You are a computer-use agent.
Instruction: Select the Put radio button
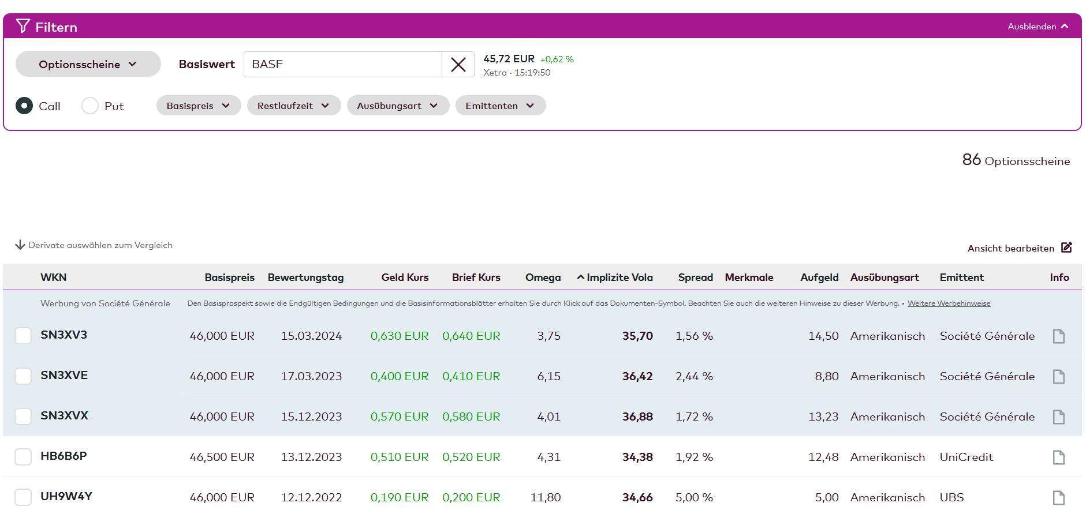pos(90,106)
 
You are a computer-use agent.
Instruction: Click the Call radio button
pos(24,106)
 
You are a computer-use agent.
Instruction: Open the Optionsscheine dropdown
pos(88,64)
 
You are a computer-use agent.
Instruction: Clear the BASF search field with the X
pos(458,65)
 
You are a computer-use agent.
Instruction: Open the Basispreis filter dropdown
pos(198,106)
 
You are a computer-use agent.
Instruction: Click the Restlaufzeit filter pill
pos(293,106)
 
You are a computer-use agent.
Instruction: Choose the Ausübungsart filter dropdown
pos(397,106)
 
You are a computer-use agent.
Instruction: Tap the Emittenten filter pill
pos(500,106)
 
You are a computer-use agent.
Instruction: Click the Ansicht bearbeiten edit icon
pos(1066,247)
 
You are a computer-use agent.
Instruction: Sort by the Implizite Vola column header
pos(619,277)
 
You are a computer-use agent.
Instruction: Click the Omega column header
pos(543,277)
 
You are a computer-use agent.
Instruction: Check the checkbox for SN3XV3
pos(23,336)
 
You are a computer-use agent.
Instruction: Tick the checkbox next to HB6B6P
pos(23,457)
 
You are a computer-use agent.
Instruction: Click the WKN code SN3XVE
pos(64,376)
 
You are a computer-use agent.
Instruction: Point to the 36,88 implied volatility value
pos(637,417)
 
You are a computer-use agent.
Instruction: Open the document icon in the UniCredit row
pos(1058,457)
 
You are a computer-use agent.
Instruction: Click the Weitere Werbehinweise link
pos(949,303)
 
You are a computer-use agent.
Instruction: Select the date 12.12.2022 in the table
pos(311,497)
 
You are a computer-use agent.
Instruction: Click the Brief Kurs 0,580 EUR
pos(471,417)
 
